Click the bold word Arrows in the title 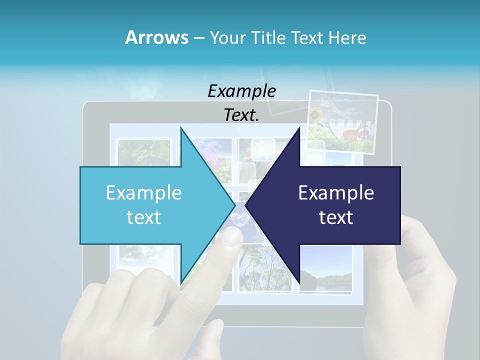(156, 37)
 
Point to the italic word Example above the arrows (242, 91)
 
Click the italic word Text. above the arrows (242, 115)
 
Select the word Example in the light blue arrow (144, 193)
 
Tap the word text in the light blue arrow (144, 217)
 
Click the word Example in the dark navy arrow (336, 193)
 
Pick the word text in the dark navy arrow (336, 217)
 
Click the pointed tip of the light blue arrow (234, 205)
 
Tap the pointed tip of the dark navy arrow (246, 205)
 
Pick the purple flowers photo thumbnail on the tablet (216, 152)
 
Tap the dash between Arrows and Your (198, 38)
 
